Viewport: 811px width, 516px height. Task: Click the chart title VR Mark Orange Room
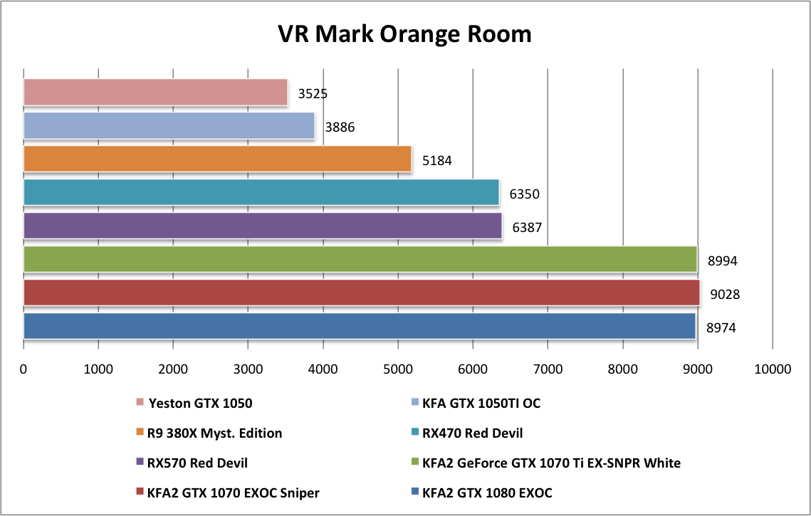coord(404,33)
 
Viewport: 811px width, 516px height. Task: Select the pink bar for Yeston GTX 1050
coord(155,93)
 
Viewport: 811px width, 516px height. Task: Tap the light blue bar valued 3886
coord(169,126)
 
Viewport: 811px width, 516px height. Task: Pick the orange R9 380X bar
coord(217,159)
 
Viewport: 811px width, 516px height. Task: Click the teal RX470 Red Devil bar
coord(261,192)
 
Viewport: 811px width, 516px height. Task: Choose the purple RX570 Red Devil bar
coord(262,226)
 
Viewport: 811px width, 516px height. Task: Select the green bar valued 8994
coord(360,259)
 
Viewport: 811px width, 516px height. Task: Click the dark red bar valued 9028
coord(361,293)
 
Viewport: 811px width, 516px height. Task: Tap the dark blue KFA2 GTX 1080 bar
coord(359,325)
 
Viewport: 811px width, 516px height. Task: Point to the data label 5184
coord(437,161)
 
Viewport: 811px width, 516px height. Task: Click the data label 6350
coord(523,193)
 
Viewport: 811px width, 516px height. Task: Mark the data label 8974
coord(721,328)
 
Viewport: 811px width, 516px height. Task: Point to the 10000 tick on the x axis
coord(773,369)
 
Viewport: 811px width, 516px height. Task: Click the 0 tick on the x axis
coord(23,369)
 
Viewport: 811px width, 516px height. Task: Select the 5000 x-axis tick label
coord(398,369)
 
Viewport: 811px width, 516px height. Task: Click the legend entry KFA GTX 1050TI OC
coord(481,404)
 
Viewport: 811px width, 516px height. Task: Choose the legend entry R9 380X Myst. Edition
coord(214,433)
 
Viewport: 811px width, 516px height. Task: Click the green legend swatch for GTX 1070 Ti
coord(415,463)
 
